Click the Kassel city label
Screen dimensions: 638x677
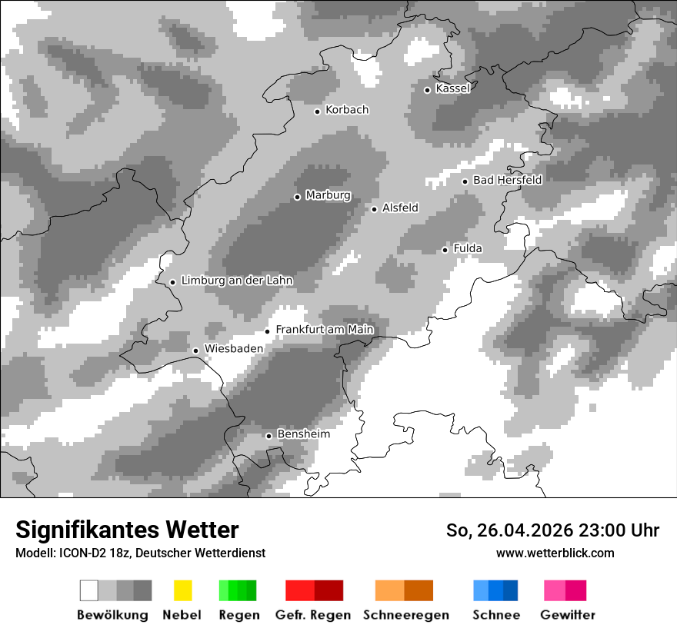tap(452, 88)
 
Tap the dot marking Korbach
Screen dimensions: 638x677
tap(317, 111)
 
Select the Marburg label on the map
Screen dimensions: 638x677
tap(328, 195)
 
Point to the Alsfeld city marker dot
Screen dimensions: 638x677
tap(375, 209)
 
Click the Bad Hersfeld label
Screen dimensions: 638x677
tap(507, 180)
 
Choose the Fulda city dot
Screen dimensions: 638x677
tap(445, 250)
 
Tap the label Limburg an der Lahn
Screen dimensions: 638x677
tap(237, 281)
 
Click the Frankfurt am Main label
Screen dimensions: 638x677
tap(324, 330)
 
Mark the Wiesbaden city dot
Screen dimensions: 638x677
tap(196, 351)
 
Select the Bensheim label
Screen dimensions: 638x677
tap(303, 434)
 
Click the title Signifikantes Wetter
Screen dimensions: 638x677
tap(127, 530)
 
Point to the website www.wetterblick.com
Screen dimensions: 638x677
tap(555, 553)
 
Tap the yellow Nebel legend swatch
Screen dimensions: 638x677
tap(182, 590)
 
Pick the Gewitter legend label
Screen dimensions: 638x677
tap(568, 615)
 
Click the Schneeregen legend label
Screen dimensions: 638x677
tap(406, 615)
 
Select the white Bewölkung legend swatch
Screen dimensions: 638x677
tap(89, 590)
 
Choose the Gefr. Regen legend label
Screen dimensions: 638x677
tap(313, 615)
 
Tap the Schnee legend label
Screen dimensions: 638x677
tap(496, 615)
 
